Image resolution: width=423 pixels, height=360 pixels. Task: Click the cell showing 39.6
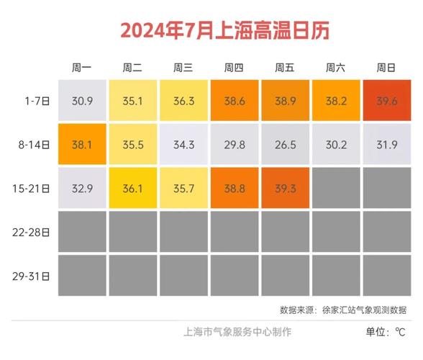pyautogui.click(x=386, y=102)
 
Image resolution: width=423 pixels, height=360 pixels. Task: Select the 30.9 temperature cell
pyautogui.click(x=82, y=102)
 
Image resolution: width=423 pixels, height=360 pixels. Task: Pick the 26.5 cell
pyautogui.click(x=285, y=145)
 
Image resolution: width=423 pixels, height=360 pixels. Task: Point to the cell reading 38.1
pyautogui.click(x=82, y=145)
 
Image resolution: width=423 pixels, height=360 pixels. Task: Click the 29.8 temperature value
pyautogui.click(x=234, y=145)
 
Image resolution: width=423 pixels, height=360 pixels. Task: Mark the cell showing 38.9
pyautogui.click(x=285, y=102)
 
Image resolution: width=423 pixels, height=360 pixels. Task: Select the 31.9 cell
pyautogui.click(x=386, y=145)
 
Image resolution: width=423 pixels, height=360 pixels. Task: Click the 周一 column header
pyautogui.click(x=82, y=68)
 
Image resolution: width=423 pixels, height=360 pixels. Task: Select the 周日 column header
pyautogui.click(x=386, y=68)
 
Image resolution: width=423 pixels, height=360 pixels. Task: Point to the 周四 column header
pyautogui.click(x=234, y=68)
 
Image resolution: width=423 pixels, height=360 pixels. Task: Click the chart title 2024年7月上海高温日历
pyautogui.click(x=211, y=30)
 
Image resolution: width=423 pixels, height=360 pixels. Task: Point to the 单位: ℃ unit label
pyautogui.click(x=386, y=332)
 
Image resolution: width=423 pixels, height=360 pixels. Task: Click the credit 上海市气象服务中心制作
pyautogui.click(x=238, y=332)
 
